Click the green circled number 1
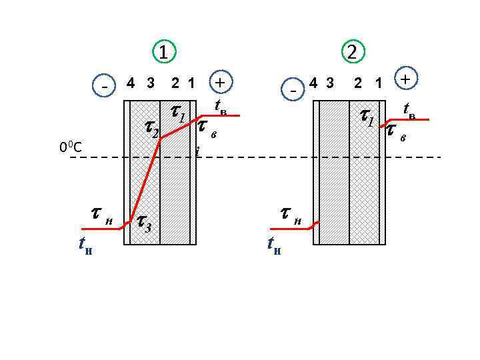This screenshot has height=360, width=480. coord(164,51)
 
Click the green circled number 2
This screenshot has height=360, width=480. coord(351,51)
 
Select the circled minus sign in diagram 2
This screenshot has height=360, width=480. coord(293,88)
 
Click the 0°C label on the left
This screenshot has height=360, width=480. coord(70,147)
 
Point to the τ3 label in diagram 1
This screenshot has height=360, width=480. coord(143,222)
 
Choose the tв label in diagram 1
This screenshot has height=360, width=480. coord(221,107)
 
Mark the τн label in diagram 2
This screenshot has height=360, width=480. coord(289,215)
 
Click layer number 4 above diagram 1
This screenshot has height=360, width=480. coord(131,83)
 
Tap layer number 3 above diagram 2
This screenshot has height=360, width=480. coord(330,83)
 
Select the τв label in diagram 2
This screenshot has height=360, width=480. coord(395,132)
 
